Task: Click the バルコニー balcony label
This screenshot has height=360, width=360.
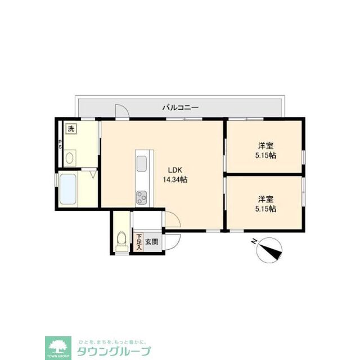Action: coord(181,106)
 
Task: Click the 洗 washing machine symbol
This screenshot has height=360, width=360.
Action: coord(71,129)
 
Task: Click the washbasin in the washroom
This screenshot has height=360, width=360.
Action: coord(70,157)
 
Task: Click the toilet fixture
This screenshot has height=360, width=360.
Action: coord(120,241)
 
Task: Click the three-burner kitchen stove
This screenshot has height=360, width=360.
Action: coord(141,197)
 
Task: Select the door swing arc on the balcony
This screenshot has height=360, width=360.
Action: coord(121,111)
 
